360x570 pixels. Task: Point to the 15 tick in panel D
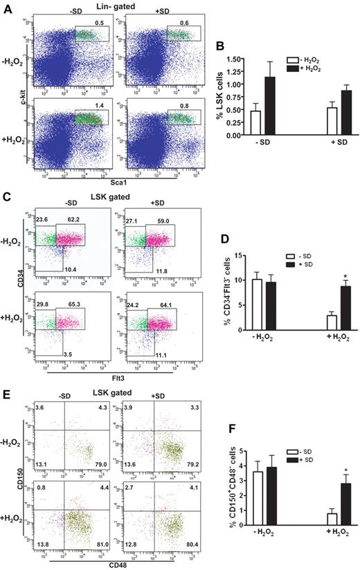click(227, 256)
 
